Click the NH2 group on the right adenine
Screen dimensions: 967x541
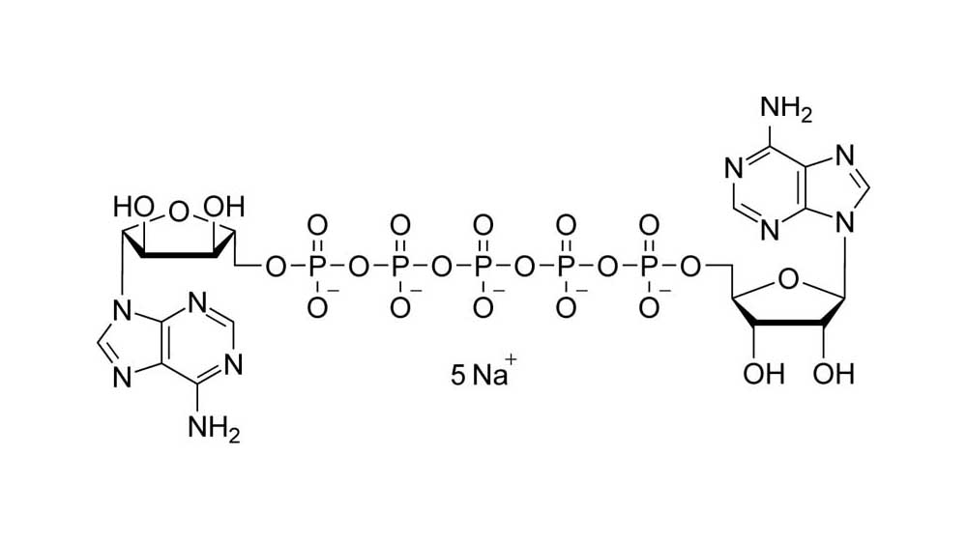click(x=785, y=109)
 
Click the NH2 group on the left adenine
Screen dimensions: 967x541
click(x=214, y=428)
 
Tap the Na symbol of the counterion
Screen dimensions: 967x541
click(x=489, y=375)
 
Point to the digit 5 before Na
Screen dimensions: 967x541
click(x=457, y=375)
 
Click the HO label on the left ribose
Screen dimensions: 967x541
click(x=132, y=207)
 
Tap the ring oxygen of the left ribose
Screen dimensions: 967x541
click(x=178, y=213)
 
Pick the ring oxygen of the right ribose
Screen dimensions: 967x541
click(x=787, y=280)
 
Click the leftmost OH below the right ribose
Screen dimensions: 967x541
click(x=764, y=374)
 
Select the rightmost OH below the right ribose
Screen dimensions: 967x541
click(x=834, y=374)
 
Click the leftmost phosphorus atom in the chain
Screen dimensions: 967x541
click(x=317, y=267)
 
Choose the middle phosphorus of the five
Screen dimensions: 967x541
click(x=483, y=267)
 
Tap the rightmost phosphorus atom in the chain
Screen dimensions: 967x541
click(x=649, y=267)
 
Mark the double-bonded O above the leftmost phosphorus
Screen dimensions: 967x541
click(x=317, y=225)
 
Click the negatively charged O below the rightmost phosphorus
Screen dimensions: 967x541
click(x=649, y=307)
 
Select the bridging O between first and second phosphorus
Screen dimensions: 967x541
click(x=359, y=267)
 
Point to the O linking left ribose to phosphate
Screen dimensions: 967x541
click(x=276, y=267)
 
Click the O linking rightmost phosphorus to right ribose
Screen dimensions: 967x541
click(x=690, y=267)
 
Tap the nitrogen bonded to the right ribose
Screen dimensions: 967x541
click(x=846, y=224)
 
